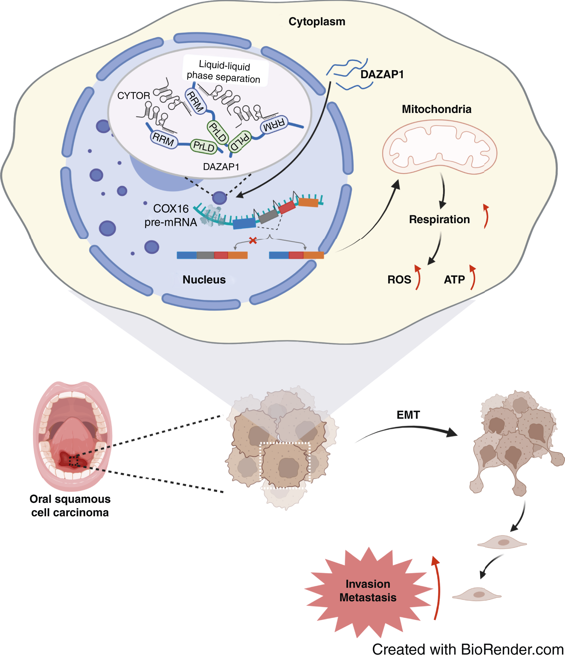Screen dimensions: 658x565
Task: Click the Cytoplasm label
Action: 317,22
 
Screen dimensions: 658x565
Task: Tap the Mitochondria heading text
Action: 436,109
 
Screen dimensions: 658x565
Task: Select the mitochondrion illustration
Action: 439,147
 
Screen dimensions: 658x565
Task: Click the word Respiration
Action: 439,220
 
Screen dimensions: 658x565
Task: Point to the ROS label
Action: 399,279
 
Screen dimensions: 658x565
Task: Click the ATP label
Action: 454,279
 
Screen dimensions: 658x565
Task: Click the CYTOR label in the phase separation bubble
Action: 133,96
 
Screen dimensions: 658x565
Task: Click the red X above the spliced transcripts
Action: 253,240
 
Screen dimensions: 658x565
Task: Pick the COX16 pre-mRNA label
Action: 170,215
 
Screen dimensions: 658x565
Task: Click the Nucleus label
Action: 204,279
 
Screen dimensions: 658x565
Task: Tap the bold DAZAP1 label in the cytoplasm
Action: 382,74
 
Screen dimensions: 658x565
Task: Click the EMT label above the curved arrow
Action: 408,415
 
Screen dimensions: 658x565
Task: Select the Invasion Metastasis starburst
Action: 368,591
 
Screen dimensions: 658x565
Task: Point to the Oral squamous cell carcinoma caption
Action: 70,506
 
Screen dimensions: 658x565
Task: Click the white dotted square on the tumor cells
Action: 284,465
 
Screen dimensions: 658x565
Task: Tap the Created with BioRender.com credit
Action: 468,649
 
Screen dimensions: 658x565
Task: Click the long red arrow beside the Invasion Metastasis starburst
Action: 438,588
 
